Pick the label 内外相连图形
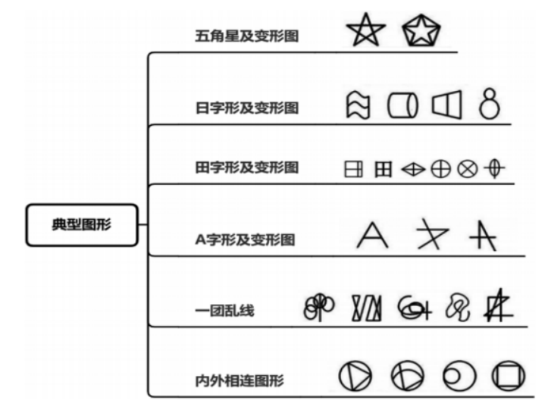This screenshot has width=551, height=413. pyautogui.click(x=239, y=379)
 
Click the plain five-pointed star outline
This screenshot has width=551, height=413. pyautogui.click(x=366, y=31)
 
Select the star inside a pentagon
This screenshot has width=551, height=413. pyautogui.click(x=421, y=31)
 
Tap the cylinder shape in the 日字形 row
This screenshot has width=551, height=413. pyautogui.click(x=403, y=105)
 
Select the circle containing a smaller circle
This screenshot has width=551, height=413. pyautogui.click(x=456, y=375)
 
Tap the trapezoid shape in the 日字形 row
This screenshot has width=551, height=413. pyautogui.click(x=446, y=105)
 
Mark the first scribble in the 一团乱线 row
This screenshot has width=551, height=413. pyautogui.click(x=318, y=305)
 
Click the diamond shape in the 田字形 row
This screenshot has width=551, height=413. pyautogui.click(x=413, y=167)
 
